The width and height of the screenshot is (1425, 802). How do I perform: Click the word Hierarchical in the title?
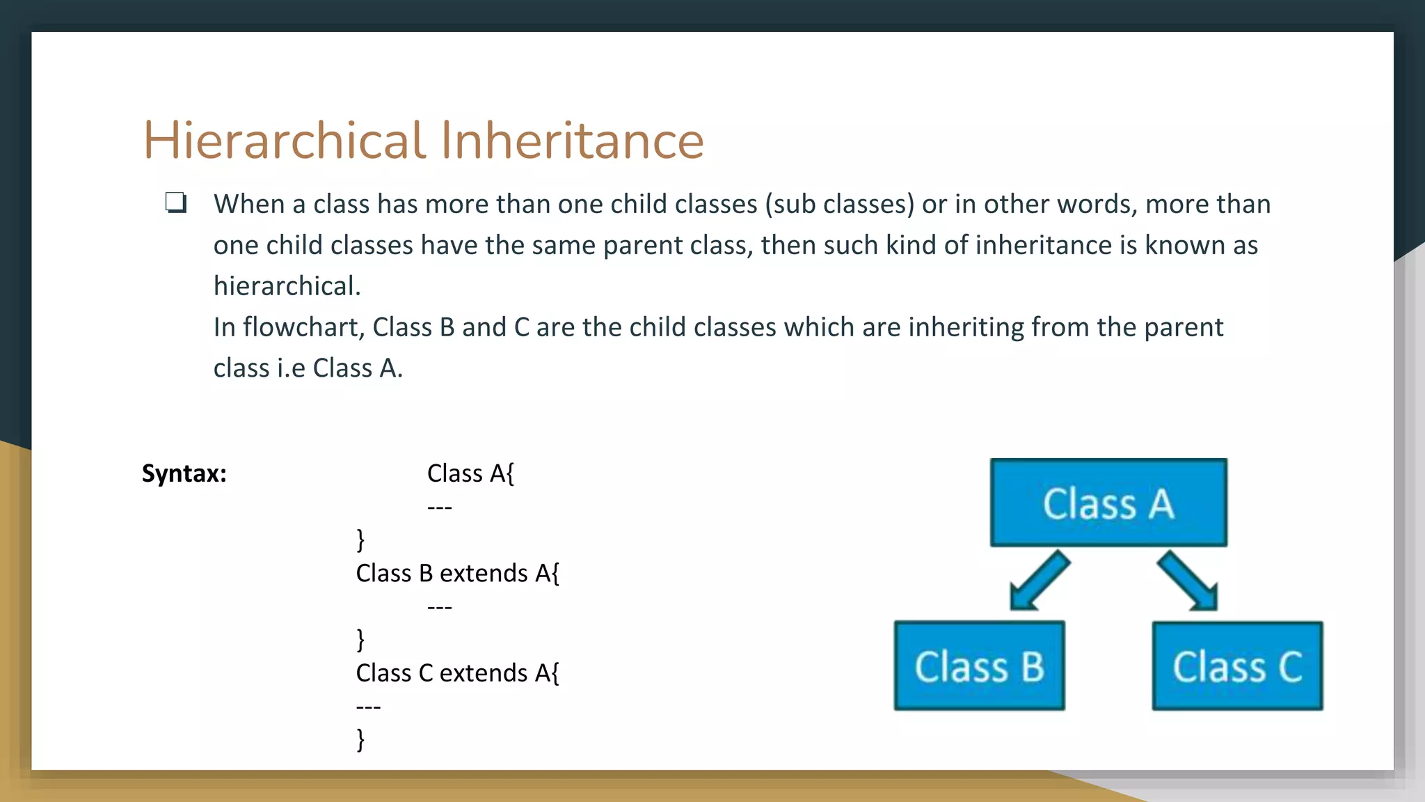click(284, 140)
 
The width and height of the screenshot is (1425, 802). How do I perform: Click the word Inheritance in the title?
click(572, 140)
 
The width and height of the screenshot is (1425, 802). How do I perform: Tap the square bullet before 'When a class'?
click(175, 203)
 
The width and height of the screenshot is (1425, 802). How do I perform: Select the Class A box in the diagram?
click(1108, 502)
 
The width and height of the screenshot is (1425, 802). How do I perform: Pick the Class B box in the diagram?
click(979, 666)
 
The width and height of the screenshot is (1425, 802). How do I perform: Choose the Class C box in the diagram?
click(1237, 666)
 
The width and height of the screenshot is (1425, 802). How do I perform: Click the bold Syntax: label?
click(184, 473)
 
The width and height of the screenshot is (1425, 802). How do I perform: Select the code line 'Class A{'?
click(470, 473)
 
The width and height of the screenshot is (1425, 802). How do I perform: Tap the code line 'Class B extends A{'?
click(457, 573)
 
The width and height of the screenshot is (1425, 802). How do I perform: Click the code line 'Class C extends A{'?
click(457, 673)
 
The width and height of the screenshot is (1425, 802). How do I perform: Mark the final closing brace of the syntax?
click(360, 739)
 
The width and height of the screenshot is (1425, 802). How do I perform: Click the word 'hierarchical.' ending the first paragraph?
click(287, 286)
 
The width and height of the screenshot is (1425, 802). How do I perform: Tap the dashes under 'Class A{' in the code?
click(440, 508)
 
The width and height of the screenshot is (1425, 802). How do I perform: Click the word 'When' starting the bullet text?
click(249, 204)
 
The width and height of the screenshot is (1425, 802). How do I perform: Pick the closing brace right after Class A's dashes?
click(360, 539)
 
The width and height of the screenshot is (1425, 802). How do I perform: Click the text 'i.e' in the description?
click(291, 368)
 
